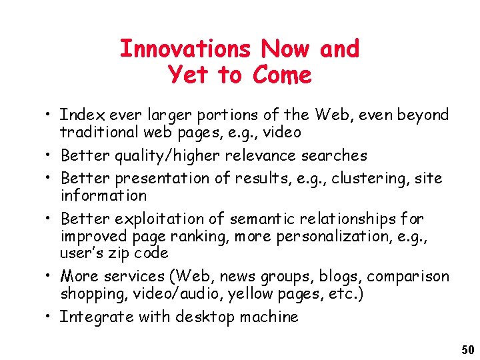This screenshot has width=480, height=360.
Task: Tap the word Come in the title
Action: pyautogui.click(x=282, y=75)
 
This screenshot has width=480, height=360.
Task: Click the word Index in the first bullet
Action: pyautogui.click(x=79, y=115)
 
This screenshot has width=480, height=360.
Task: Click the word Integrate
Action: pyautogui.click(x=97, y=317)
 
